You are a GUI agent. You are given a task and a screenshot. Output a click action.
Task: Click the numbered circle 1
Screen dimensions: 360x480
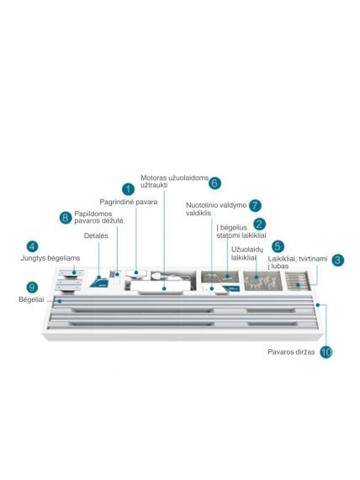click(x=128, y=189)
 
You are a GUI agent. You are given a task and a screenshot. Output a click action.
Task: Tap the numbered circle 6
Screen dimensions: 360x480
click(x=214, y=183)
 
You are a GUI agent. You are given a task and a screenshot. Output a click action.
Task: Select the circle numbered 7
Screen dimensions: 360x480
click(x=255, y=205)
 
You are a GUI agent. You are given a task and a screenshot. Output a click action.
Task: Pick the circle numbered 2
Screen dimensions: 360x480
click(x=259, y=224)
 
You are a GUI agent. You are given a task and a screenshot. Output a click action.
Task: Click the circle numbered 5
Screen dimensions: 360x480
click(x=278, y=246)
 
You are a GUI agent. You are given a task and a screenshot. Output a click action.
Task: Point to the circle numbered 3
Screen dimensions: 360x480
click(x=337, y=261)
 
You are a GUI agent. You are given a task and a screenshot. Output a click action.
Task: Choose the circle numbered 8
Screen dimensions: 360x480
click(x=66, y=218)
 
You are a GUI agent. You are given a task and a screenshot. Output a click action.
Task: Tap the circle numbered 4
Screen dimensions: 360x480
click(x=32, y=247)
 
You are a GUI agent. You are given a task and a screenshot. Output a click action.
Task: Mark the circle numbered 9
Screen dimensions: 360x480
click(x=32, y=287)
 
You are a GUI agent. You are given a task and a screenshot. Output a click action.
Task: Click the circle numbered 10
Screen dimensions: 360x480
click(x=326, y=352)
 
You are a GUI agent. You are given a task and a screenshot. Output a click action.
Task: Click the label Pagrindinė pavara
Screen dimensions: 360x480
click(x=129, y=202)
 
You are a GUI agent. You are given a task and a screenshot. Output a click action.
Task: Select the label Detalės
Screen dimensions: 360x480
click(x=96, y=235)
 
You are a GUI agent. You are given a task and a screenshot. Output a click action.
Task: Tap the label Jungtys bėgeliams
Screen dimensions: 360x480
click(x=50, y=258)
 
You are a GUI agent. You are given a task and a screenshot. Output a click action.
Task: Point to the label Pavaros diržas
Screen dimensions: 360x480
click(x=291, y=352)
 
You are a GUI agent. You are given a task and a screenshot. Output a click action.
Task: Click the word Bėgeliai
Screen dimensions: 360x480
click(x=31, y=299)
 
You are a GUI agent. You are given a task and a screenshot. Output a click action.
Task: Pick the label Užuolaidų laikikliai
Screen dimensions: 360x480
click(x=247, y=254)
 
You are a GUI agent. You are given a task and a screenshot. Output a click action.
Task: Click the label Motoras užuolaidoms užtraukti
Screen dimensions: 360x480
click(x=174, y=182)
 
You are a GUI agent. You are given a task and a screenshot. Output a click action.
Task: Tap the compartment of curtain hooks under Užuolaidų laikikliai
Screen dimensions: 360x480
click(x=262, y=281)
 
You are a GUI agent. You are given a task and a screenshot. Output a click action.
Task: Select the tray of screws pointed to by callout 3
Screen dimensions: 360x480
click(x=298, y=281)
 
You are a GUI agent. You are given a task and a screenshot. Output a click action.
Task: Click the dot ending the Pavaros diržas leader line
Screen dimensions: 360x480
click(x=318, y=305)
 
